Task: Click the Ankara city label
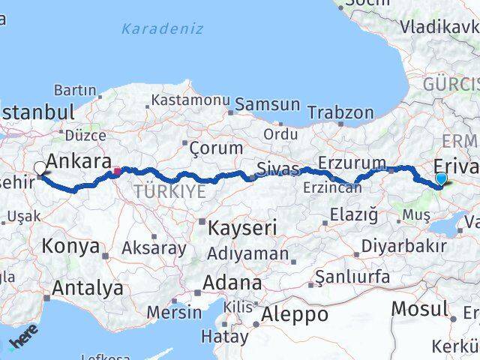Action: click(79, 160)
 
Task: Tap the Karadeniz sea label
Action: click(162, 28)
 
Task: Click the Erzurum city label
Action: click(351, 163)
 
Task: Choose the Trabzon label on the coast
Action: click(340, 112)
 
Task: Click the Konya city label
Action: click(70, 246)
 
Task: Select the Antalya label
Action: click(88, 287)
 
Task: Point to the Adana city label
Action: click(235, 283)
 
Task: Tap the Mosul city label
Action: click(420, 309)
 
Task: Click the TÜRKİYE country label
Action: click(169, 192)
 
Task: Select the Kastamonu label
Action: click(190, 100)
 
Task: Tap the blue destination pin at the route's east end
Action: click(441, 178)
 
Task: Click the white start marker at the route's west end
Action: click(40, 168)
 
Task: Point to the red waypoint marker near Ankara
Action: click(117, 171)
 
